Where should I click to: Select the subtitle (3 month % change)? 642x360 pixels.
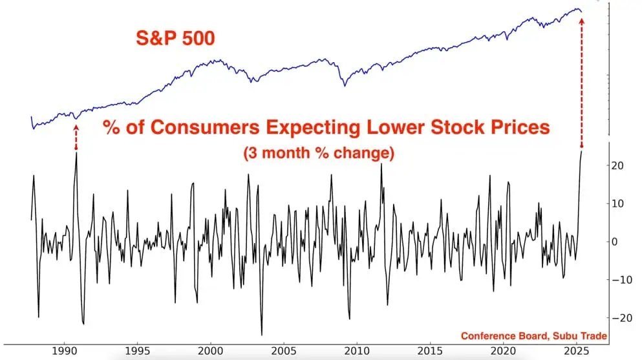319,154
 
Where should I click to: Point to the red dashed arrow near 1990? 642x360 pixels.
76,137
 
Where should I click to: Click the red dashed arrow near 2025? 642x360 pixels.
581,84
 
